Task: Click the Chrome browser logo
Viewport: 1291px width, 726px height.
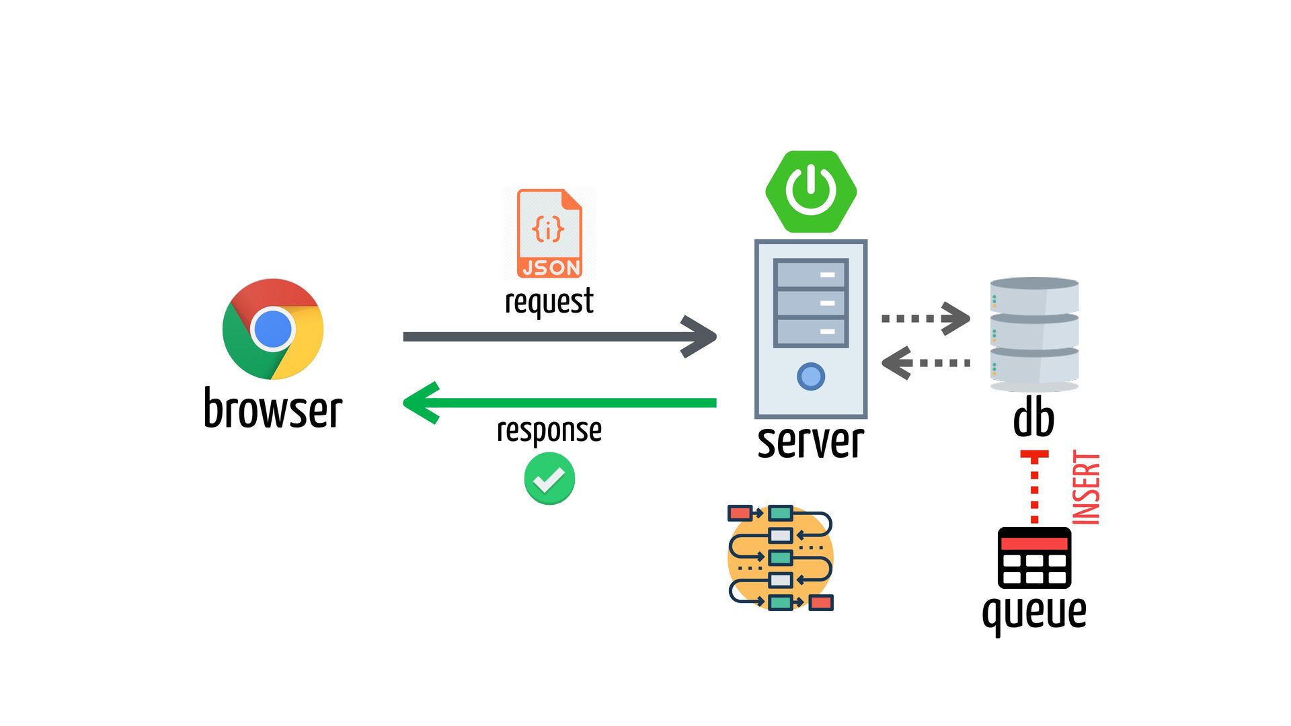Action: tap(273, 329)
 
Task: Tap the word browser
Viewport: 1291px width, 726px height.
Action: tap(273, 408)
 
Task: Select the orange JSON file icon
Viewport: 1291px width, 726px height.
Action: tap(549, 233)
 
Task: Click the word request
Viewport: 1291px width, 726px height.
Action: tap(549, 300)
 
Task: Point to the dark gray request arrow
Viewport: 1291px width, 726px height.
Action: tap(559, 336)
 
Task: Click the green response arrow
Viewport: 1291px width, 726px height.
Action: tap(559, 403)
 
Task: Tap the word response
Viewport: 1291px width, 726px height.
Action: tap(549, 430)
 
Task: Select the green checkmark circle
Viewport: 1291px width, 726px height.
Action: tap(549, 479)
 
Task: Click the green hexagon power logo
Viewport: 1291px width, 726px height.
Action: tap(811, 192)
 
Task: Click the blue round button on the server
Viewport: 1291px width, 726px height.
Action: tap(811, 376)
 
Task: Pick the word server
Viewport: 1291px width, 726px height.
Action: tap(811, 442)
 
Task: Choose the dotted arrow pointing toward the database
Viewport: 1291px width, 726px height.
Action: tap(926, 318)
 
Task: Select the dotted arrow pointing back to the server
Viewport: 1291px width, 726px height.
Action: tap(926, 363)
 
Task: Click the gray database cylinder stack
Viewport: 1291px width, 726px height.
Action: tap(1034, 334)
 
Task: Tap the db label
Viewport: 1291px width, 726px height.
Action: tap(1034, 419)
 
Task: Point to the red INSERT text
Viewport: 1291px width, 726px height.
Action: tap(1086, 487)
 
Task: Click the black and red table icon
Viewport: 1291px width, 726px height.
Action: tap(1034, 558)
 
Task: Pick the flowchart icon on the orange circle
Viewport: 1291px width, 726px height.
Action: tap(781, 557)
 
